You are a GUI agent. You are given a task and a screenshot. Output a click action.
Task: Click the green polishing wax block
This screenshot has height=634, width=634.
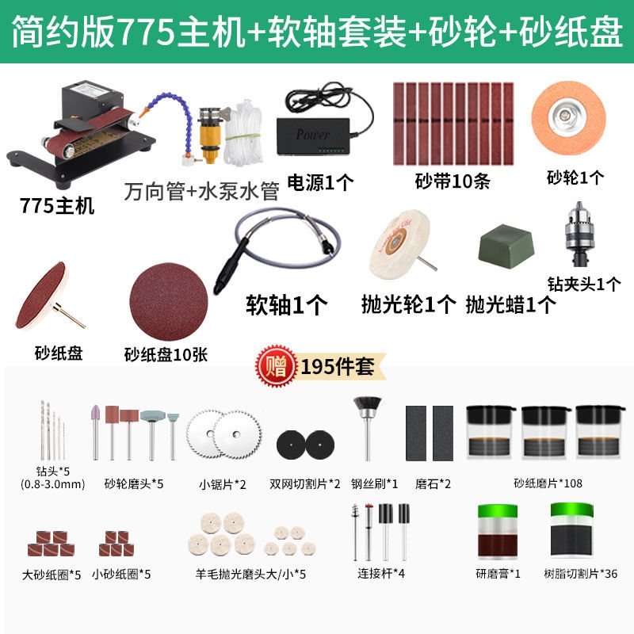click(506, 246)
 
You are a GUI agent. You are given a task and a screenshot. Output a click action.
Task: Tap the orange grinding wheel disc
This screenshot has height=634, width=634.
click(568, 118)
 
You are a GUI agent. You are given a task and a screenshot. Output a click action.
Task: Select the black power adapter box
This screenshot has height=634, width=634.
click(312, 136)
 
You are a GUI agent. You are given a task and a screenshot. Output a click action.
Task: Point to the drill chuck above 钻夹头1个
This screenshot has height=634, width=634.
click(580, 235)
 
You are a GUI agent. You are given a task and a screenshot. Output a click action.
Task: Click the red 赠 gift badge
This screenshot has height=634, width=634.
click(276, 366)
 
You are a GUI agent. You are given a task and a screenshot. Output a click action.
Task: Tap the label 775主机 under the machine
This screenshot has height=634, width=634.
click(56, 205)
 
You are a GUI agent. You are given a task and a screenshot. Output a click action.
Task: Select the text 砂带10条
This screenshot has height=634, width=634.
click(452, 181)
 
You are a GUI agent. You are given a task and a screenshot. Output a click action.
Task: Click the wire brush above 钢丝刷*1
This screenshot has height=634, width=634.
click(368, 428)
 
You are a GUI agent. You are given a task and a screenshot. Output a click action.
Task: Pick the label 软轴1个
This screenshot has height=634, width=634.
click(287, 305)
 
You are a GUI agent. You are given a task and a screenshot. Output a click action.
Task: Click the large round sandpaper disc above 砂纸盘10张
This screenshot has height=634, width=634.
click(169, 301)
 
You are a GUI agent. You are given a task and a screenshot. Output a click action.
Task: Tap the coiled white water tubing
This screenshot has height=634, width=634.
click(244, 134)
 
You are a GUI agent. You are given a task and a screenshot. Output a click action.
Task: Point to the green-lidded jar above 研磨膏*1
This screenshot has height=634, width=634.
click(498, 532)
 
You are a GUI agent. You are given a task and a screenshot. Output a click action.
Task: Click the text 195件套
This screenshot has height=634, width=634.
click(338, 367)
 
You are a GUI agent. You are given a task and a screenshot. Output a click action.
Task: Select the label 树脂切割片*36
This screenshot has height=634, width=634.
click(580, 573)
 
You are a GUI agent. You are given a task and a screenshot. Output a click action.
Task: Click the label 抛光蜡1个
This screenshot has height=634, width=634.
click(510, 304)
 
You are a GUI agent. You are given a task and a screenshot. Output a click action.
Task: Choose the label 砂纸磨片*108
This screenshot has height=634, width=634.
click(548, 483)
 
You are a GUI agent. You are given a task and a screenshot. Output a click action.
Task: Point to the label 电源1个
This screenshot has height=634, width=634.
click(320, 183)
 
